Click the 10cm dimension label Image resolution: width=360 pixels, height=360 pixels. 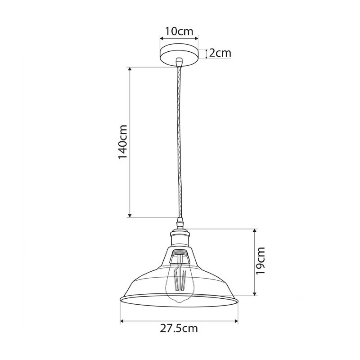pos(179,31)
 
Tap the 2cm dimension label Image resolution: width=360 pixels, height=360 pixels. pos(220,53)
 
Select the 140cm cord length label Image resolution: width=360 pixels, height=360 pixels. pos(122,142)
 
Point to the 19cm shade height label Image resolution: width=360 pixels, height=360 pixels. pos(261,261)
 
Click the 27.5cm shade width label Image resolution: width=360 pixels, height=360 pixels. pos(179,328)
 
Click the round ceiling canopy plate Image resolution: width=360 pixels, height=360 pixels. pos(179,54)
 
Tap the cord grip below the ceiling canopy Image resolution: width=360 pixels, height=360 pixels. pos(179,62)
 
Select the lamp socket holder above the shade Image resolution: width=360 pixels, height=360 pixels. pos(179,239)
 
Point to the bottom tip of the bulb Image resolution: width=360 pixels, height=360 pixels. pos(179,302)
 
